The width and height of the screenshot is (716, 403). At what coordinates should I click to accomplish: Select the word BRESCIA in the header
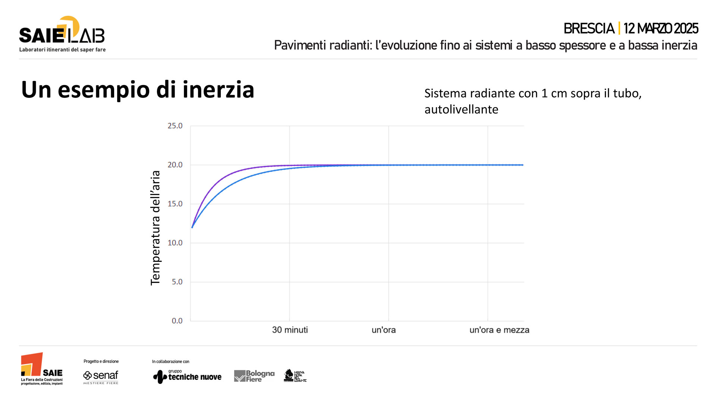pos(589,29)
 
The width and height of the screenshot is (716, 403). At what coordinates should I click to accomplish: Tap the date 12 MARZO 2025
pos(660,29)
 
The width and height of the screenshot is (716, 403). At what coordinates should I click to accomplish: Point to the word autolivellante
pos(461,110)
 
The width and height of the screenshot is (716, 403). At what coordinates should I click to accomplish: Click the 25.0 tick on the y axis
pos(175,126)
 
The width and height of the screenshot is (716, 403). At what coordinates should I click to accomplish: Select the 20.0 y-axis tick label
pos(175,165)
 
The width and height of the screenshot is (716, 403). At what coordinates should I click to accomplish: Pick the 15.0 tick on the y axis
pos(175,204)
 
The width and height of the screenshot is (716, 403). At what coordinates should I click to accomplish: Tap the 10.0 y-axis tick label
pos(175,243)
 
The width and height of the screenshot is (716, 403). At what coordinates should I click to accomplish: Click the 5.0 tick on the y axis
pos(177,282)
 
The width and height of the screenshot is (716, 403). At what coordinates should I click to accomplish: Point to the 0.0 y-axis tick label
pos(177,321)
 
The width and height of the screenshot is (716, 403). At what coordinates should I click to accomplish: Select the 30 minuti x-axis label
pos(290,330)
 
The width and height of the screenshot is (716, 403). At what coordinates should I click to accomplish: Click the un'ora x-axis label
pos(384,330)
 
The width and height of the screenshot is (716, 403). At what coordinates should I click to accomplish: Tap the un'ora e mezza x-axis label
pos(499,330)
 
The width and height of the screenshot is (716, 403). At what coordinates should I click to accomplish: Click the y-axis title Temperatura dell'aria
pos(155,228)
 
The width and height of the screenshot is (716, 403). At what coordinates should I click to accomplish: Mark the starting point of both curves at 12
pos(192,227)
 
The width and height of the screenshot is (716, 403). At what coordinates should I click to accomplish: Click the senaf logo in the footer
pos(101,376)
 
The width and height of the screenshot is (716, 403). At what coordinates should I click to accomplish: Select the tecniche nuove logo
pos(187,376)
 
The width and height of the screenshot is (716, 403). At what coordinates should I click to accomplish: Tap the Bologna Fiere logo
pos(254,376)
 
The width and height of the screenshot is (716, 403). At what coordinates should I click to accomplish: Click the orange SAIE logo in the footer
pos(41,369)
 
